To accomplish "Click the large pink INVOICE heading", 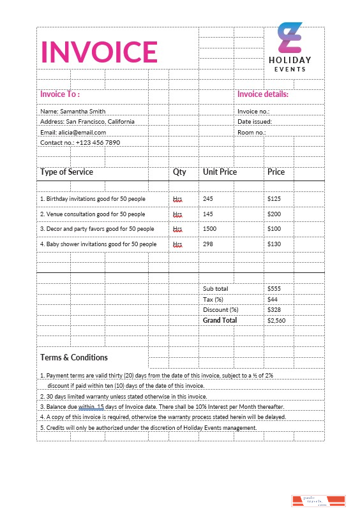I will point(99,52).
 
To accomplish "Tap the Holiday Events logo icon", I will point(289,38).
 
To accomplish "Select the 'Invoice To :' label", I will point(59,94).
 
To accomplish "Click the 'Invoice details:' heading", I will point(263,94).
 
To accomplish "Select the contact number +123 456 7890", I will point(80,142).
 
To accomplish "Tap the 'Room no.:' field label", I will point(251,132).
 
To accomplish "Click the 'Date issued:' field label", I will point(254,121).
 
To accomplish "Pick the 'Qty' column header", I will point(179,172).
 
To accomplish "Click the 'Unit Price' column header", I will point(220,172).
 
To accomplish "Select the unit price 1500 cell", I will point(210,229).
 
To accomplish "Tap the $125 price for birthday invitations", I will point(274,199).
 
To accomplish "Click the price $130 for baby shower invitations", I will point(274,244).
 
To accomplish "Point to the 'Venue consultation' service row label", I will point(93,214).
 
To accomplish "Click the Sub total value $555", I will point(274,289).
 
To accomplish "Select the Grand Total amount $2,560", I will point(276,320).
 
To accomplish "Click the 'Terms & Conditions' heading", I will point(74,358).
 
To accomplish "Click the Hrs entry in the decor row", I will point(177,229).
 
